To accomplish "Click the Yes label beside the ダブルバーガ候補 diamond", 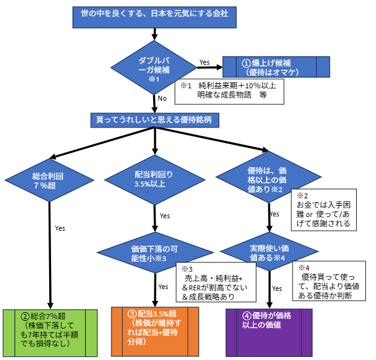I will click(204, 62).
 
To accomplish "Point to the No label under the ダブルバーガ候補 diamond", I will click(162, 98).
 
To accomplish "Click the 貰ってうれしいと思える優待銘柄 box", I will click(153, 118).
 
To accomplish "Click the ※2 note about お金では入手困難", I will click(324, 211).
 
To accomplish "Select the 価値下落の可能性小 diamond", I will click(154, 252).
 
